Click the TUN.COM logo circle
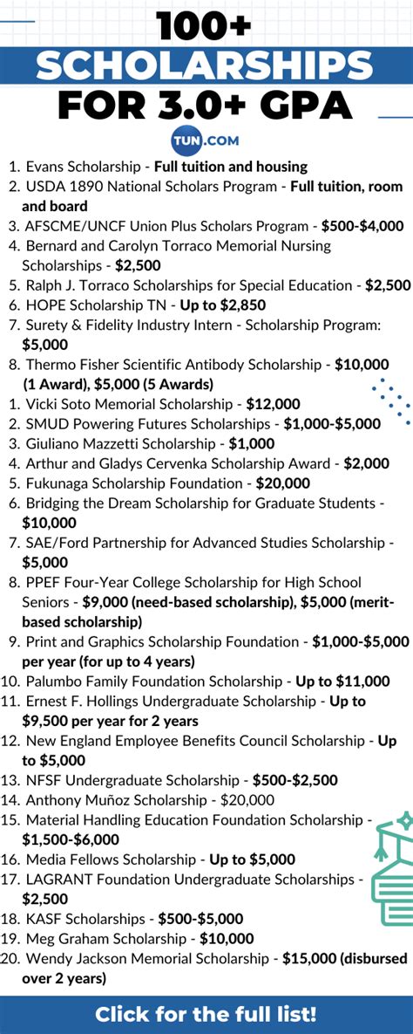click(206, 139)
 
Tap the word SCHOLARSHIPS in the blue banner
click(206, 66)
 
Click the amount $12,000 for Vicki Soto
click(273, 404)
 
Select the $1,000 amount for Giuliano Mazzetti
click(251, 443)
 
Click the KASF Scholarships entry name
click(85, 919)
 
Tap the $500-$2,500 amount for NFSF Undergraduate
click(295, 780)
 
